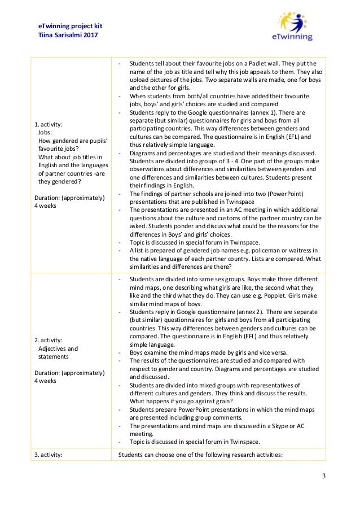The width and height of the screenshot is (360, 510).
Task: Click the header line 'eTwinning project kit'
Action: point(70,26)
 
